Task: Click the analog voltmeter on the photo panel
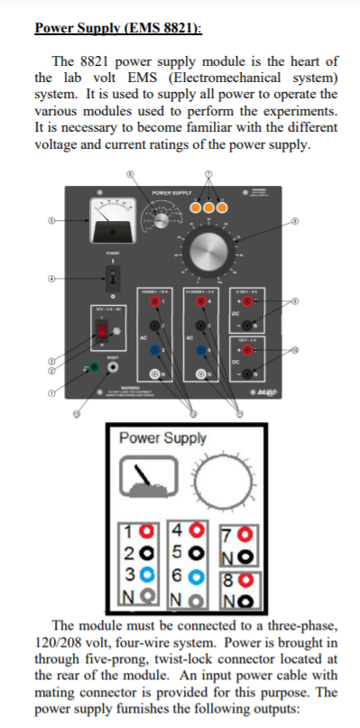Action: (114, 217)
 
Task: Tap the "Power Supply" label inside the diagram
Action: (162, 438)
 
